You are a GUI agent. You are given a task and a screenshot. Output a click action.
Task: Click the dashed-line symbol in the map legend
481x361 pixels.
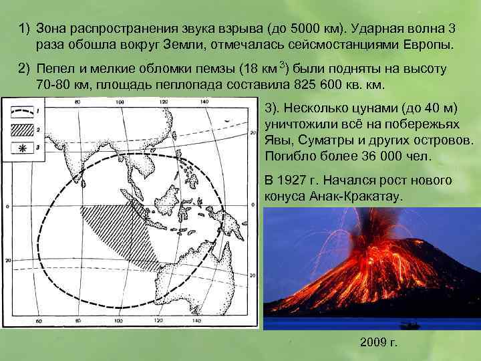point(23,111)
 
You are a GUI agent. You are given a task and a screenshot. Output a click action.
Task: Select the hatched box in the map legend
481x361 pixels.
point(23,129)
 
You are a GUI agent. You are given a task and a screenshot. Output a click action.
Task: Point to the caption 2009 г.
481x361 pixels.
point(378,343)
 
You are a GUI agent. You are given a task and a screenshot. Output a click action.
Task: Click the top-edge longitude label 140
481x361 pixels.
point(204,102)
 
